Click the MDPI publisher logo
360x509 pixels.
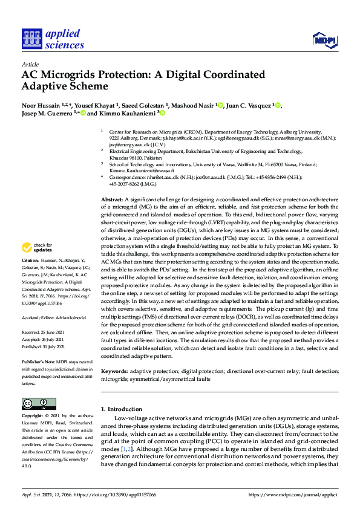(x=324, y=40)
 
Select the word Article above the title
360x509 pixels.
(x=30, y=64)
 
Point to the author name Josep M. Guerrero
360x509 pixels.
(x=46, y=113)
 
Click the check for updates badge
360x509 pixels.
(x=38, y=264)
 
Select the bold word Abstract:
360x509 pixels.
(x=112, y=199)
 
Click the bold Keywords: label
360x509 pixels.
(x=114, y=370)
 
